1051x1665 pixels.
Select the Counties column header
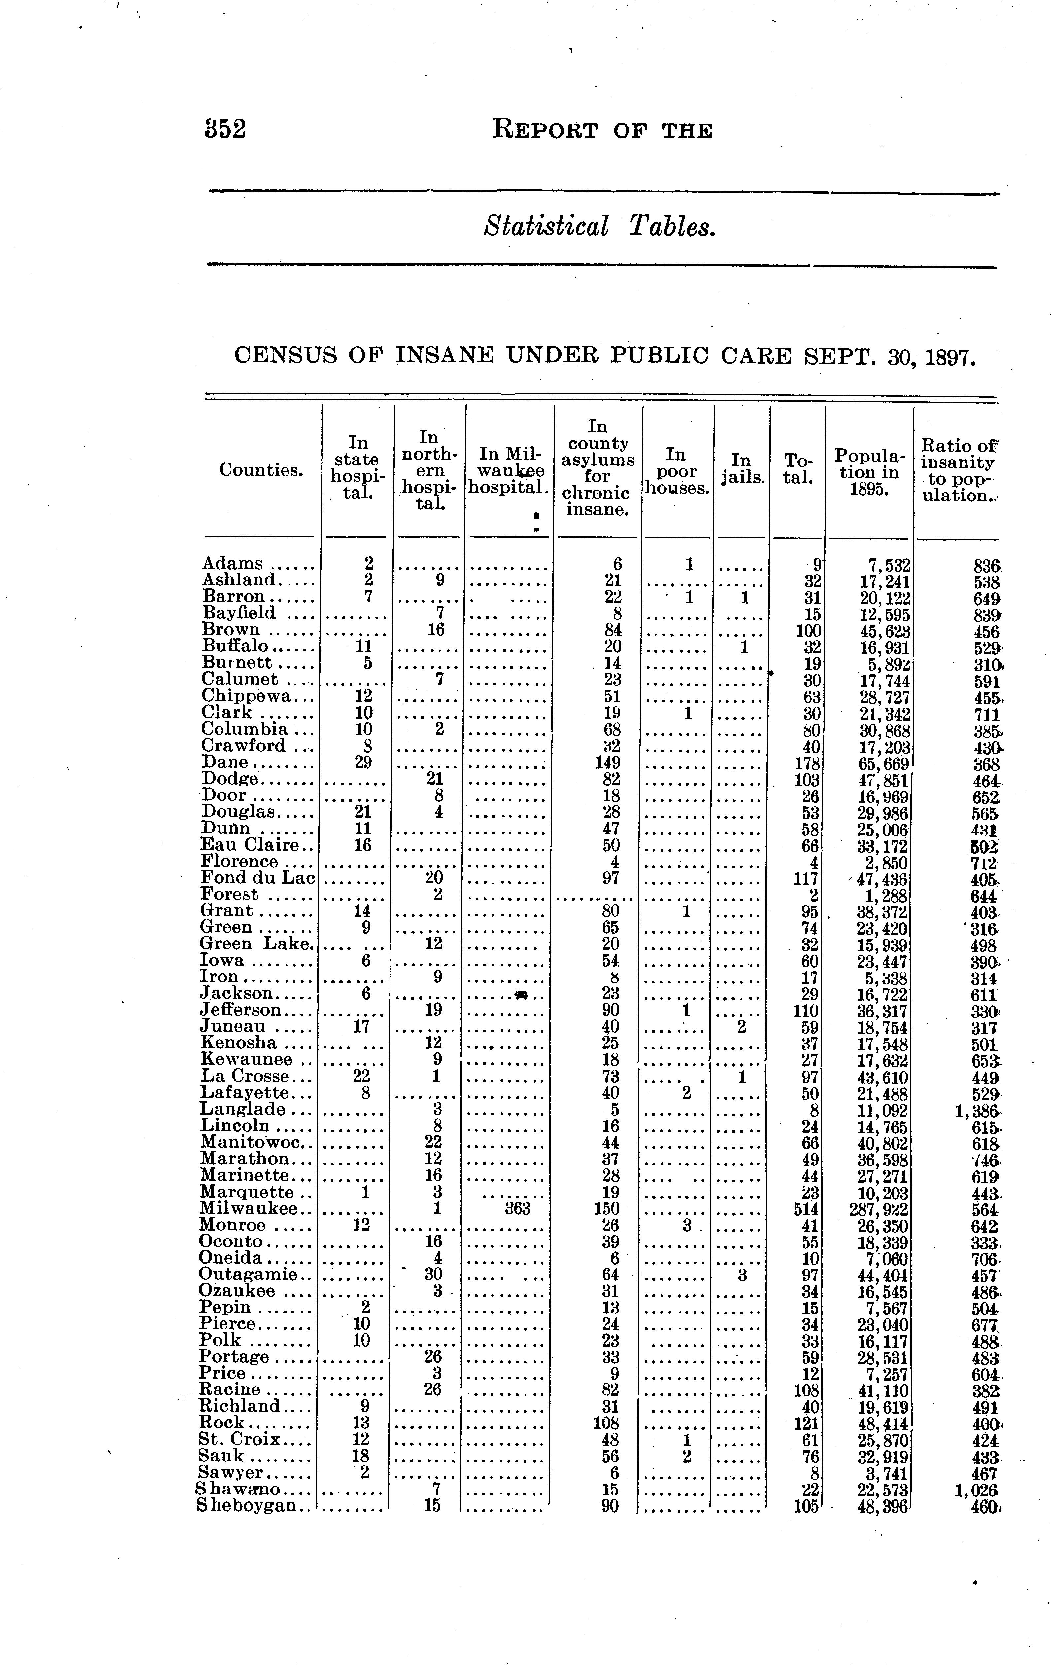[261, 470]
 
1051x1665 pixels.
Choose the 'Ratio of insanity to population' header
[958, 470]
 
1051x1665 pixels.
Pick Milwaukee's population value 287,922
[878, 1209]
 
